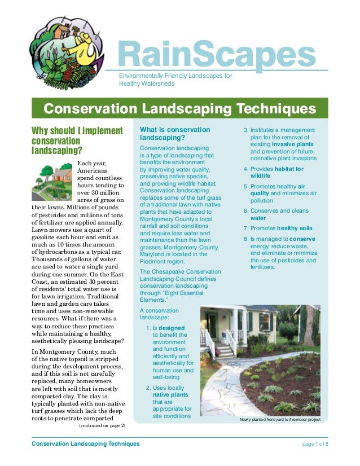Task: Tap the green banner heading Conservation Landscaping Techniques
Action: click(x=179, y=108)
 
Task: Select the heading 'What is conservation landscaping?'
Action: click(x=174, y=134)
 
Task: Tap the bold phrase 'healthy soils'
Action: click(x=296, y=228)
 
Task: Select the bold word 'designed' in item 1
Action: click(x=171, y=328)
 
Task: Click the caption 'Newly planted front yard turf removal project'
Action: click(x=280, y=420)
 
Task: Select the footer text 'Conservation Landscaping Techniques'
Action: click(x=86, y=444)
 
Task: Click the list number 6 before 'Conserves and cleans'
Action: click(x=245, y=210)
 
